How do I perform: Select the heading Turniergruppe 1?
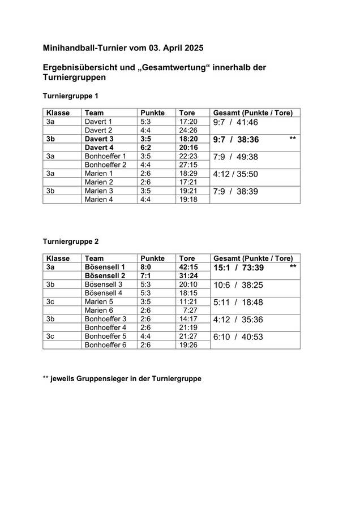point(71,96)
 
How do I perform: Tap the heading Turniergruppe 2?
point(71,241)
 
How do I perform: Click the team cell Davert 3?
point(99,139)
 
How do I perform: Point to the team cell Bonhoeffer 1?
point(105,156)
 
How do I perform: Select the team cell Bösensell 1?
point(105,267)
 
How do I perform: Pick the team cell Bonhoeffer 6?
point(105,344)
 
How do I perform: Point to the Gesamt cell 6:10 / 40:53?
point(238,337)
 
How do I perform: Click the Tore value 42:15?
point(188,267)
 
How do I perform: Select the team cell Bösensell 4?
point(103,293)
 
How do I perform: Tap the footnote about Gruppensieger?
point(122,378)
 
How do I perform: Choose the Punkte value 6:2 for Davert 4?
point(145,148)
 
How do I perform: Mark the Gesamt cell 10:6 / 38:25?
point(238,285)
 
